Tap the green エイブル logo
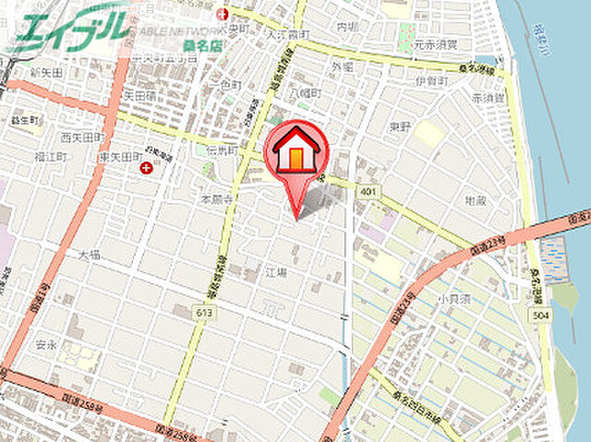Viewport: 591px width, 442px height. tap(69, 30)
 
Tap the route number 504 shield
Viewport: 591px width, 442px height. tap(541, 317)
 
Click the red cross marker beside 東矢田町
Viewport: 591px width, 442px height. tap(146, 167)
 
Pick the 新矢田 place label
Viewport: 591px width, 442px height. tap(45, 72)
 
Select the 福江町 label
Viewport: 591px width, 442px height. tap(50, 157)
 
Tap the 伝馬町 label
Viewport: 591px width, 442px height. tap(223, 149)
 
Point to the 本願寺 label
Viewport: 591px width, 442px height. tap(213, 198)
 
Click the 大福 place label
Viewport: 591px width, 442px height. tap(90, 254)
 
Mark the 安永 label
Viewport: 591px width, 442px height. tap(46, 346)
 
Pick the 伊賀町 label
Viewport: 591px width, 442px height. tap(431, 81)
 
